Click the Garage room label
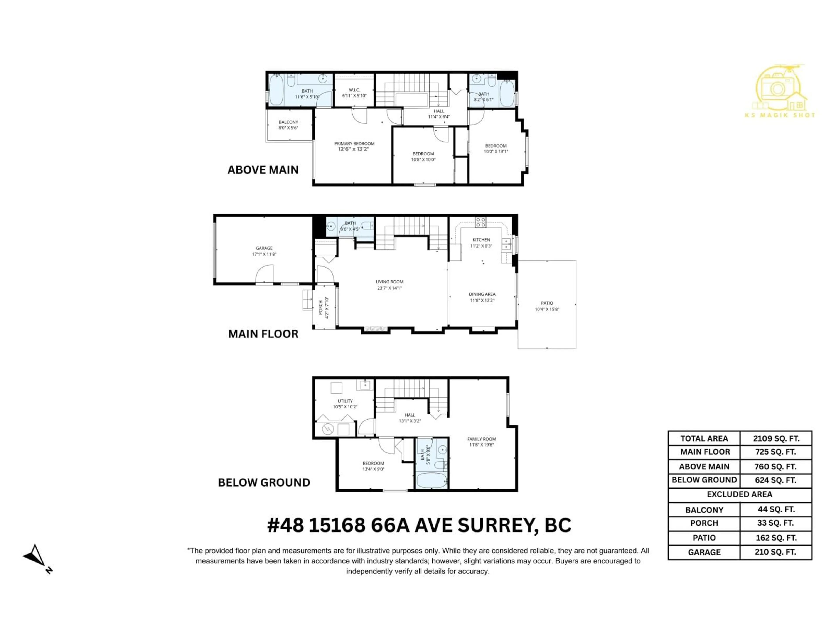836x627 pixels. point(264,248)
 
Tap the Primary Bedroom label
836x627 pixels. point(354,144)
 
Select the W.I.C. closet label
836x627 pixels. point(354,90)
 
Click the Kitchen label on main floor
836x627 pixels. point(481,240)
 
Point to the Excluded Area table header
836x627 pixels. point(739,494)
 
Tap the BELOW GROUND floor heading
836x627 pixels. point(264,483)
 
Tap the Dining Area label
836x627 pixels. point(482,294)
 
